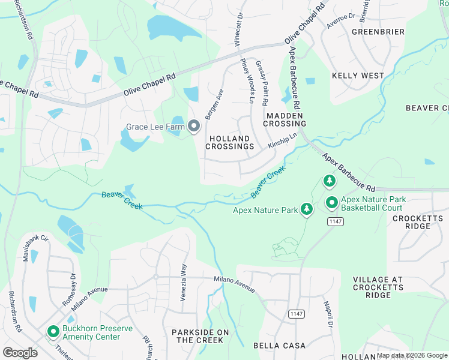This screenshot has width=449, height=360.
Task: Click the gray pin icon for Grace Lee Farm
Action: tap(194, 126)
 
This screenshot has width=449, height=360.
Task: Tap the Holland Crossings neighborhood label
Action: tap(231, 142)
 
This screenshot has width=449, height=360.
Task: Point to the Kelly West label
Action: tap(358, 76)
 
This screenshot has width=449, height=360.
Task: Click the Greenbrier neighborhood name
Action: tap(378, 31)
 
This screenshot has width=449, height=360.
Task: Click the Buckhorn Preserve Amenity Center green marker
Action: tap(53, 331)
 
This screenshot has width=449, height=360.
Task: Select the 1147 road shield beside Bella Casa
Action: tap(296, 313)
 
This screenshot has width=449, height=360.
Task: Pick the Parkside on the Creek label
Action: tap(200, 336)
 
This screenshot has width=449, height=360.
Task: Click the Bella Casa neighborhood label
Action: tap(279, 346)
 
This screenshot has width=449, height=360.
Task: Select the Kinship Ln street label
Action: tap(283, 142)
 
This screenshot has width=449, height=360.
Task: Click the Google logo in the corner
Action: tap(20, 352)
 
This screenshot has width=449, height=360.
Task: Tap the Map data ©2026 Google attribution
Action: tap(412, 355)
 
